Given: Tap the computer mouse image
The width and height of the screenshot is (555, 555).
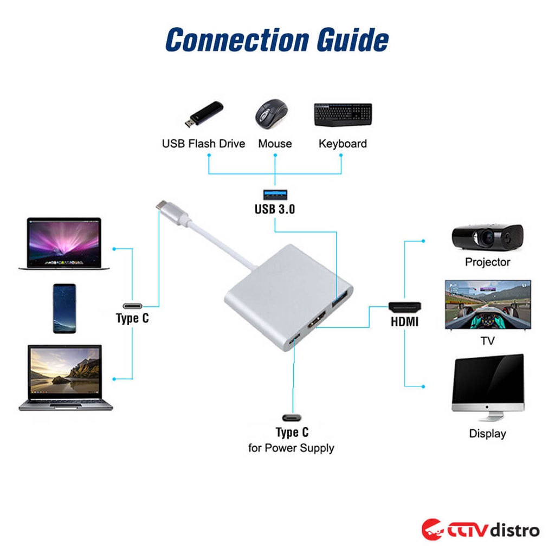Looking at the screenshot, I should [x=272, y=114].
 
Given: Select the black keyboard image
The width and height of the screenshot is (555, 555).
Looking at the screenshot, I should [x=343, y=114].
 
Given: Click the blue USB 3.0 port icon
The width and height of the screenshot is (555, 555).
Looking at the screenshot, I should [x=275, y=193].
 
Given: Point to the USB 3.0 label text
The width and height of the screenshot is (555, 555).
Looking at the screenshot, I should [x=275, y=209].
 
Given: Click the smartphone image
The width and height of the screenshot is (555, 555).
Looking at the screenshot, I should [x=64, y=308].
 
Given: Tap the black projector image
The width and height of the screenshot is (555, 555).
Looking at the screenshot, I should [x=487, y=236].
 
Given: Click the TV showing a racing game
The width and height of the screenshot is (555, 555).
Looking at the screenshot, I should [x=488, y=305].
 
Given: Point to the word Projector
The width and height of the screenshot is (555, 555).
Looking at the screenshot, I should [x=487, y=262].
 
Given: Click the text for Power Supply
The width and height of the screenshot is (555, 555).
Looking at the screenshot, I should [x=291, y=448].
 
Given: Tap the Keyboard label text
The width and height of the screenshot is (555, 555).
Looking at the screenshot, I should [x=343, y=144].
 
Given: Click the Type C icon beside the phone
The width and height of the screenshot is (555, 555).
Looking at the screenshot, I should [x=132, y=305].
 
